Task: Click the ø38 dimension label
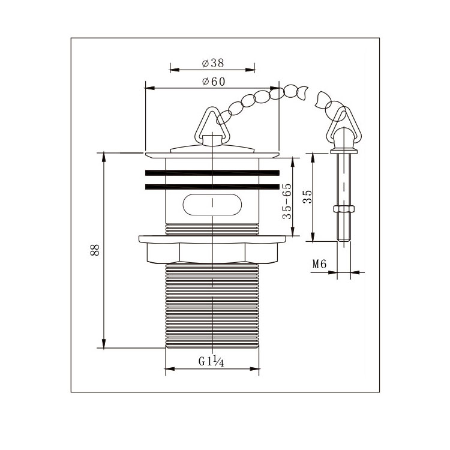(212, 63)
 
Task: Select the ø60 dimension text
(214, 82)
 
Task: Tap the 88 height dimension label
(95, 250)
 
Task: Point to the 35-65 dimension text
(287, 201)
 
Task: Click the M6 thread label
(319, 264)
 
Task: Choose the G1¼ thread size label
(211, 361)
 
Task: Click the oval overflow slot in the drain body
(212, 205)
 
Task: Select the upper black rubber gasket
(212, 172)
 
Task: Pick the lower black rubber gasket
(212, 187)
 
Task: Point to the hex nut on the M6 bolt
(344, 209)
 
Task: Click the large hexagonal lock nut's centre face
(212, 253)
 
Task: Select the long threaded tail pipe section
(212, 305)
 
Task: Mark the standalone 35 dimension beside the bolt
(307, 197)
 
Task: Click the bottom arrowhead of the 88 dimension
(104, 344)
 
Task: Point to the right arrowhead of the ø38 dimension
(250, 70)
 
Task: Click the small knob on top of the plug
(212, 139)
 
